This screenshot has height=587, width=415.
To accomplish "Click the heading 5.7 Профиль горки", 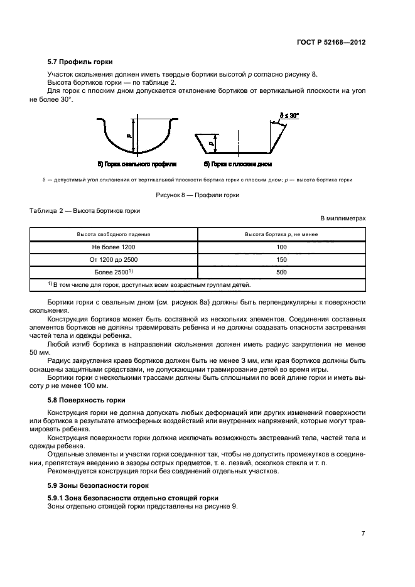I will click(x=80, y=62).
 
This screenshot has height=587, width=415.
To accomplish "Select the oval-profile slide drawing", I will click(x=136, y=136).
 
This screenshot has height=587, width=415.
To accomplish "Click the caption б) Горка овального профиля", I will click(x=136, y=164).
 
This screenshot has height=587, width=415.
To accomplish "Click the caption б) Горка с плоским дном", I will click(x=239, y=164).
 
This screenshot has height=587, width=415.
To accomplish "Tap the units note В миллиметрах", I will click(x=343, y=218).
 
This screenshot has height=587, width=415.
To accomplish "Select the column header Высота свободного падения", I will click(x=114, y=235).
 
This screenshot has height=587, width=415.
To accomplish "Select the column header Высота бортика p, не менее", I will click(x=281, y=235).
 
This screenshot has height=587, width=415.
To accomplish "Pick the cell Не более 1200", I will click(x=114, y=247).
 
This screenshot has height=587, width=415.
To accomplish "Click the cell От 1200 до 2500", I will click(x=114, y=260).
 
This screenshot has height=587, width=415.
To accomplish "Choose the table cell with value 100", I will click(x=281, y=247).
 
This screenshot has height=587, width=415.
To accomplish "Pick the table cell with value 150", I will click(x=281, y=260).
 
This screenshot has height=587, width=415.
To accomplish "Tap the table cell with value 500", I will click(x=281, y=272).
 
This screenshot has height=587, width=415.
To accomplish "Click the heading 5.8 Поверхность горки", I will click(x=87, y=400).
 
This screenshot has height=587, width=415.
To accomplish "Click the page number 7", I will click(x=363, y=534).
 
